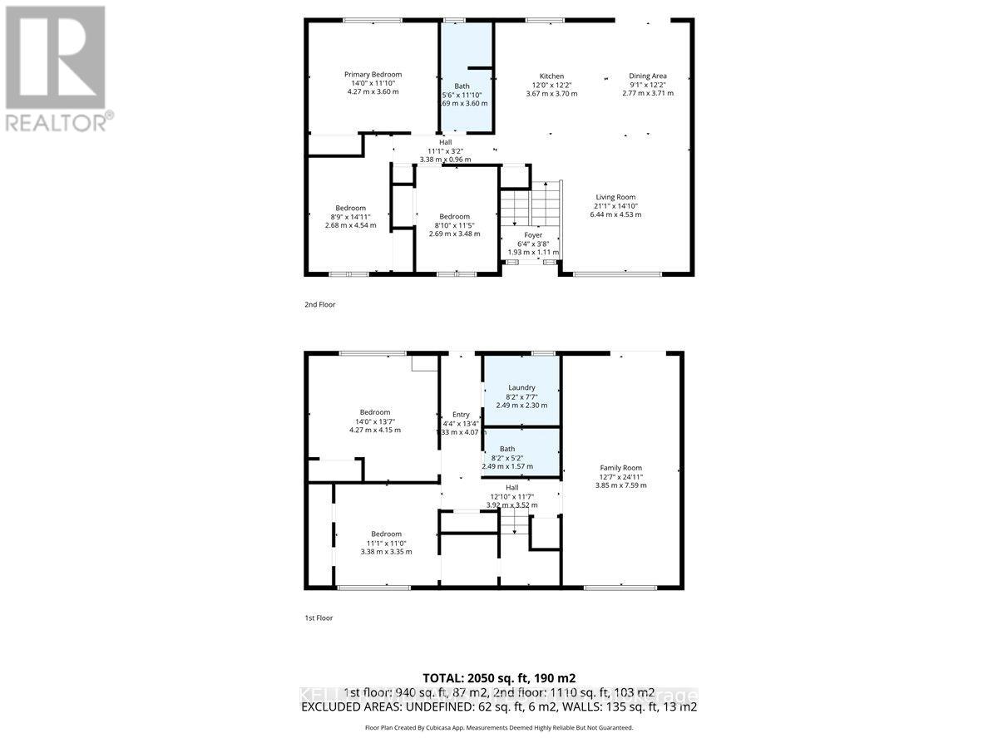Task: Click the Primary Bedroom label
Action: coord(373,75)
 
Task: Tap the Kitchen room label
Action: coord(551,76)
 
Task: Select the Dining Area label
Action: coord(647,76)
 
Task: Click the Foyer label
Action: coord(533,235)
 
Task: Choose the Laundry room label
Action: coord(521,387)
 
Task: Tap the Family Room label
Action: coord(621,468)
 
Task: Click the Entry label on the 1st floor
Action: coord(461,415)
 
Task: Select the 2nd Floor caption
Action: coord(319,305)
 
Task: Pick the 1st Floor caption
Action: coord(319,618)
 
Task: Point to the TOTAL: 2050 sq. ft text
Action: coord(498,677)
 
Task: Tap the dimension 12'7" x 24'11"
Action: coord(621,477)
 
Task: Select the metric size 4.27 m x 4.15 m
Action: coord(374,430)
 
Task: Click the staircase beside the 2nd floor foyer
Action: coord(529,204)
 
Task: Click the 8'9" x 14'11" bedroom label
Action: coord(350,208)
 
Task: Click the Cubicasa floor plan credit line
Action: coord(498,727)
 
